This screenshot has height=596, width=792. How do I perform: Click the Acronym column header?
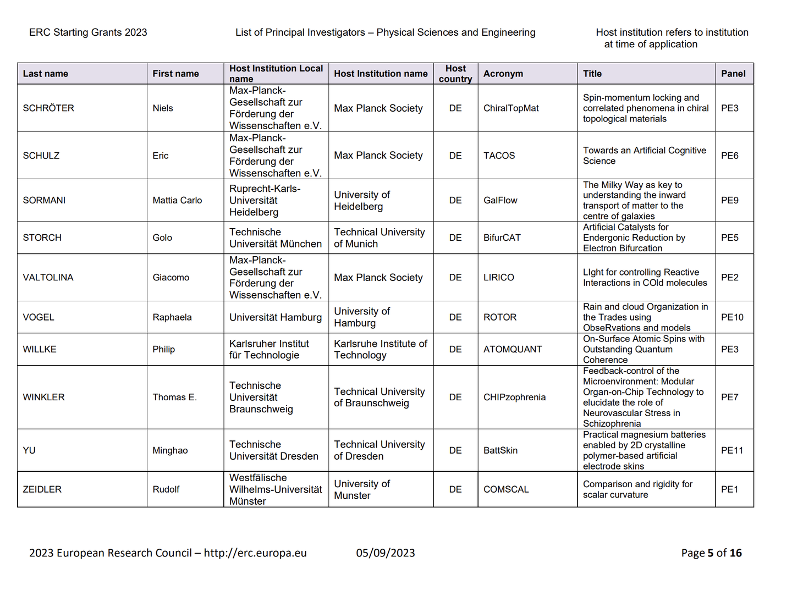[503, 74]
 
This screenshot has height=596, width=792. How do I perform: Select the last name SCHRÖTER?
[48, 108]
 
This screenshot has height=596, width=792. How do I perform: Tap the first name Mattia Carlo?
[177, 201]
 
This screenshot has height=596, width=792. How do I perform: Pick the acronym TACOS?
[499, 156]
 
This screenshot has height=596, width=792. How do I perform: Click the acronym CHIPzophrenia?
[514, 398]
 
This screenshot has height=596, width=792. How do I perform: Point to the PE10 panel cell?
[732, 317]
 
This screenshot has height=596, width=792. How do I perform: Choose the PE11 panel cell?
[732, 450]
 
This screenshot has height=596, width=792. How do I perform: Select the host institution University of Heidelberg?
[362, 201]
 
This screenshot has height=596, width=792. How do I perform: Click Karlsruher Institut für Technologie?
[269, 349]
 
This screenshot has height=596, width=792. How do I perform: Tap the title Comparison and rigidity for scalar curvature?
[637, 489]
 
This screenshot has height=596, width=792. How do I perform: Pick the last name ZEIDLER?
[42, 489]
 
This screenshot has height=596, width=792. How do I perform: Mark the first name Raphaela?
[172, 317]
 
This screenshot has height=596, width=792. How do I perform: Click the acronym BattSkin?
[501, 450]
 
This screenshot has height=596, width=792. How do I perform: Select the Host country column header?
[455, 74]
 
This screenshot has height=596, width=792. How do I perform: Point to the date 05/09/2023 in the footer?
[386, 553]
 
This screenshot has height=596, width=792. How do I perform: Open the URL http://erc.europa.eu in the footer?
[255, 553]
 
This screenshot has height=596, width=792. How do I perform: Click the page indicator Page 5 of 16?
[711, 553]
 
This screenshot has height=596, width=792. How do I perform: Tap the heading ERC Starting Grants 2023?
[88, 32]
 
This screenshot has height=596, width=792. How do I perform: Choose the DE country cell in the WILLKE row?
[455, 349]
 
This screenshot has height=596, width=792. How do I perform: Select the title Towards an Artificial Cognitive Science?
[644, 156]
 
